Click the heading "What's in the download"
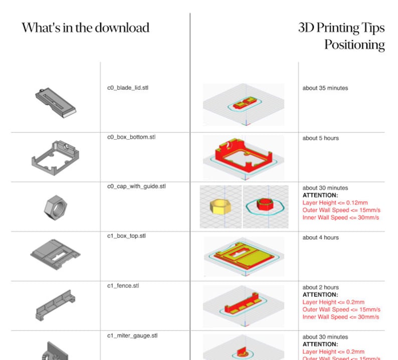click(85, 27)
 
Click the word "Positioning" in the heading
click(354, 45)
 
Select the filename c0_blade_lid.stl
click(128, 88)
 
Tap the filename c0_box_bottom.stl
click(131, 137)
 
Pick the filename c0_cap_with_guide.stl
click(136, 186)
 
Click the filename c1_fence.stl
click(123, 286)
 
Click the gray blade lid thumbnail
click(55, 102)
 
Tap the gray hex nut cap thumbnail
click(56, 206)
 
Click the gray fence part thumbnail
click(56, 305)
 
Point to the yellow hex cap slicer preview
click(221, 205)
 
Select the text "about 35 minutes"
click(325, 88)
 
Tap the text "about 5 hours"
click(320, 138)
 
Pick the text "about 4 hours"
click(320, 237)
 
